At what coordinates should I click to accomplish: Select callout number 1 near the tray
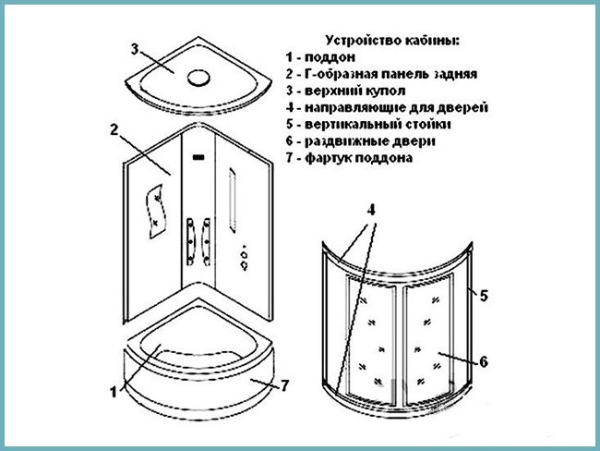pyautogui.click(x=114, y=391)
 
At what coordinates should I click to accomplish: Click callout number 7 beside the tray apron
pyautogui.click(x=284, y=386)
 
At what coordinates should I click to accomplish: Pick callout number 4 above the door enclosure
pyautogui.click(x=370, y=210)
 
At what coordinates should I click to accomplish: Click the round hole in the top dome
pyautogui.click(x=197, y=76)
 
